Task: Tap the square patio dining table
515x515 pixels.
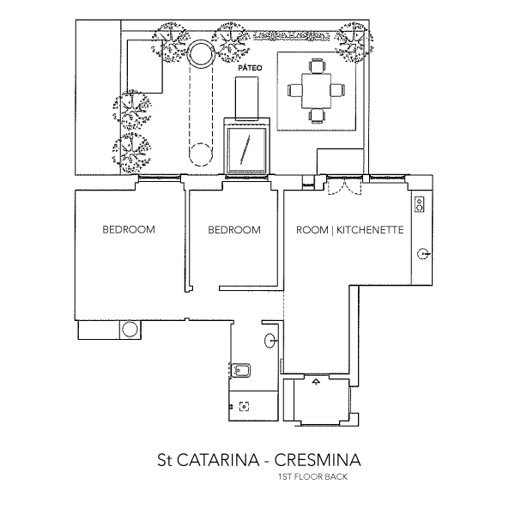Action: click(317, 88)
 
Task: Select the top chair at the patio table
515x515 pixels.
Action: click(318, 64)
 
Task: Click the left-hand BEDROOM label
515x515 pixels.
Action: click(128, 230)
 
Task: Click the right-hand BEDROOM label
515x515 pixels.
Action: click(234, 230)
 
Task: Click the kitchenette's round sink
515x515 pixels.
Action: click(422, 253)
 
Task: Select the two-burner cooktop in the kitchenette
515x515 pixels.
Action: click(420, 203)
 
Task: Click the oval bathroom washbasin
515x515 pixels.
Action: click(272, 340)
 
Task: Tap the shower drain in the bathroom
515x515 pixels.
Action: click(244, 407)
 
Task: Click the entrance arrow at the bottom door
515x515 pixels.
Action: click(317, 380)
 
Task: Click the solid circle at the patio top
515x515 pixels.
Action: click(200, 54)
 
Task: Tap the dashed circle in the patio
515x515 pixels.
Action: click(200, 154)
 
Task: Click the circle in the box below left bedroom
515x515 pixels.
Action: click(130, 329)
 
